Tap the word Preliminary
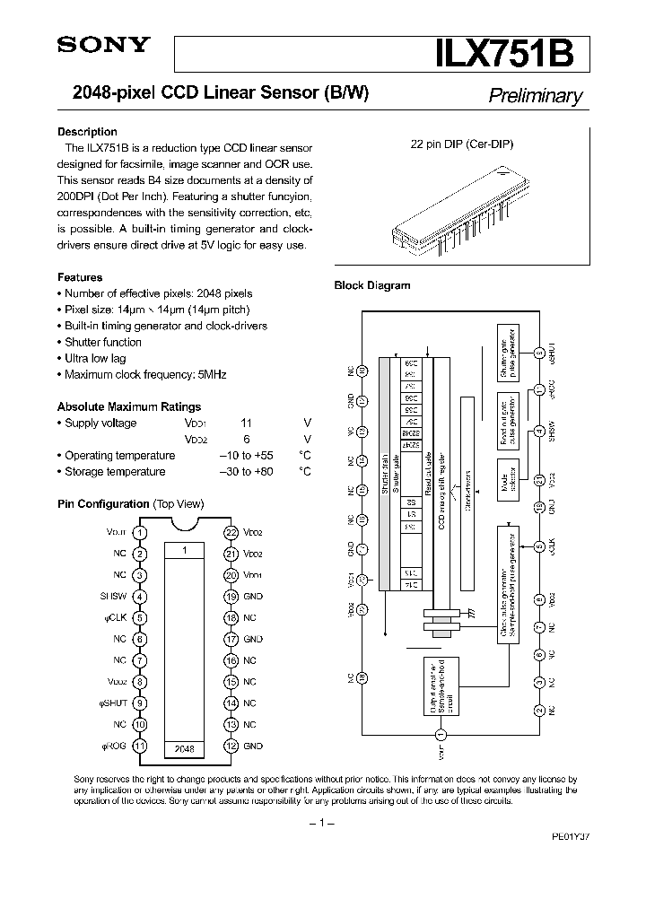(x=536, y=96)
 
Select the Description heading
(x=87, y=132)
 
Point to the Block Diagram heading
(x=372, y=285)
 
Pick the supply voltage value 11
(x=246, y=423)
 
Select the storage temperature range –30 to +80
(x=246, y=472)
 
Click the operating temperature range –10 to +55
(x=246, y=456)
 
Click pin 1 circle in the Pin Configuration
(x=140, y=533)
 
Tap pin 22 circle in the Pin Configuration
(x=231, y=533)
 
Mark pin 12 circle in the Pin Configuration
(x=231, y=746)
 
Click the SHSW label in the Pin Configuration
(x=114, y=597)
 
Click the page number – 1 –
(x=321, y=823)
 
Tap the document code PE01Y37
(x=571, y=835)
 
